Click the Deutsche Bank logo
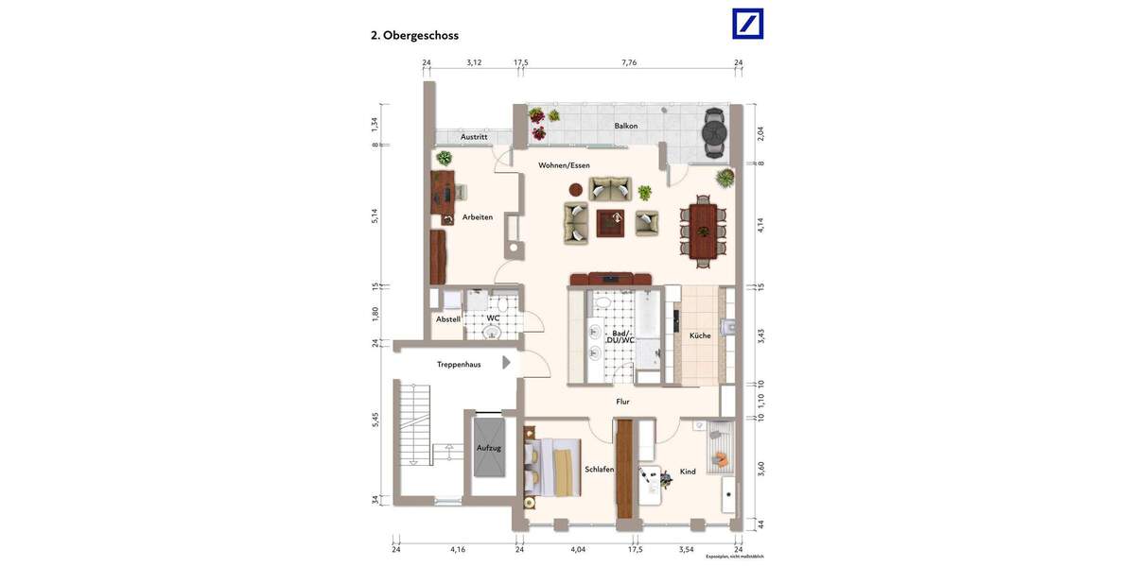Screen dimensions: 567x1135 click(x=747, y=24)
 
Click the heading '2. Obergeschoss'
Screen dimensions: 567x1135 click(x=414, y=36)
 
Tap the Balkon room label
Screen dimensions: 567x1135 click(x=625, y=126)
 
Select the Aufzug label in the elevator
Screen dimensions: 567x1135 click(x=488, y=448)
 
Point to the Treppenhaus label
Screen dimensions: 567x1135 click(x=459, y=364)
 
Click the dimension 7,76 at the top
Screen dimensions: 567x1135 click(x=629, y=62)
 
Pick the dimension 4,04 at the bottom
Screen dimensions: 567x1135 click(x=577, y=549)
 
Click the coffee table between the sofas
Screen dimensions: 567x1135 click(x=610, y=223)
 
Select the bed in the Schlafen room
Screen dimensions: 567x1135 click(x=550, y=468)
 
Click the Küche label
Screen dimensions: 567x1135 click(x=700, y=335)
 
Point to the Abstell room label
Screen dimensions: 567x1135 click(x=447, y=319)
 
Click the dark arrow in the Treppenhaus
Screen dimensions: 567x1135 click(x=506, y=362)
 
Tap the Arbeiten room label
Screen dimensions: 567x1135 click(x=477, y=217)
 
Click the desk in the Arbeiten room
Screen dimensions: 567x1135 click(x=441, y=194)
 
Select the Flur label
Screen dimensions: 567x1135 click(x=622, y=402)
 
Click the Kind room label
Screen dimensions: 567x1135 click(x=688, y=472)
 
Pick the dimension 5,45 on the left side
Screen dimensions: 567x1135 click(x=375, y=420)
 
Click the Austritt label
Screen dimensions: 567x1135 click(x=474, y=137)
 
